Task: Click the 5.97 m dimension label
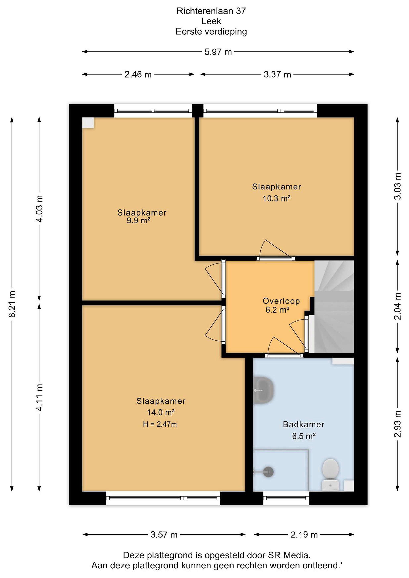point(218,52)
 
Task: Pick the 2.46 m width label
point(138,74)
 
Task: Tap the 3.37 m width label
point(277,74)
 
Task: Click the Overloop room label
point(281,301)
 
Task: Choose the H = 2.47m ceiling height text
point(160,424)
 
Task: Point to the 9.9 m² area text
point(138,221)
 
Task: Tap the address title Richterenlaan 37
point(211,11)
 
